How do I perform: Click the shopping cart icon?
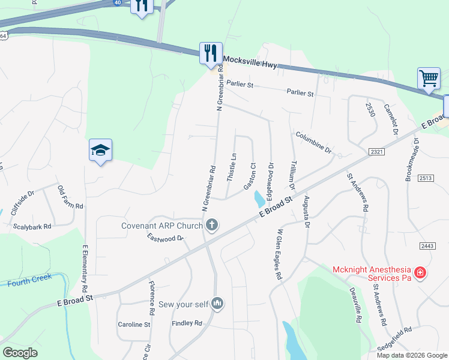click(x=429, y=78)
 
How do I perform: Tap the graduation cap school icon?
click(x=101, y=151)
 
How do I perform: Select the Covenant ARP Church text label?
click(x=162, y=226)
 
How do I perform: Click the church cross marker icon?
click(x=211, y=226)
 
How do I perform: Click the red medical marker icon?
click(x=421, y=273)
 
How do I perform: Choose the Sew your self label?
click(x=183, y=304)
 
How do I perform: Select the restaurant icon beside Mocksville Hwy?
click(x=210, y=53)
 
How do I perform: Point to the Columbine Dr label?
click(x=313, y=141)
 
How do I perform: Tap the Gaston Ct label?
click(x=250, y=176)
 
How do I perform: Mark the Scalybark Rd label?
click(x=32, y=227)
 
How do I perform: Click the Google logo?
click(x=20, y=353)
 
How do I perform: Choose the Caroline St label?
click(x=133, y=325)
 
